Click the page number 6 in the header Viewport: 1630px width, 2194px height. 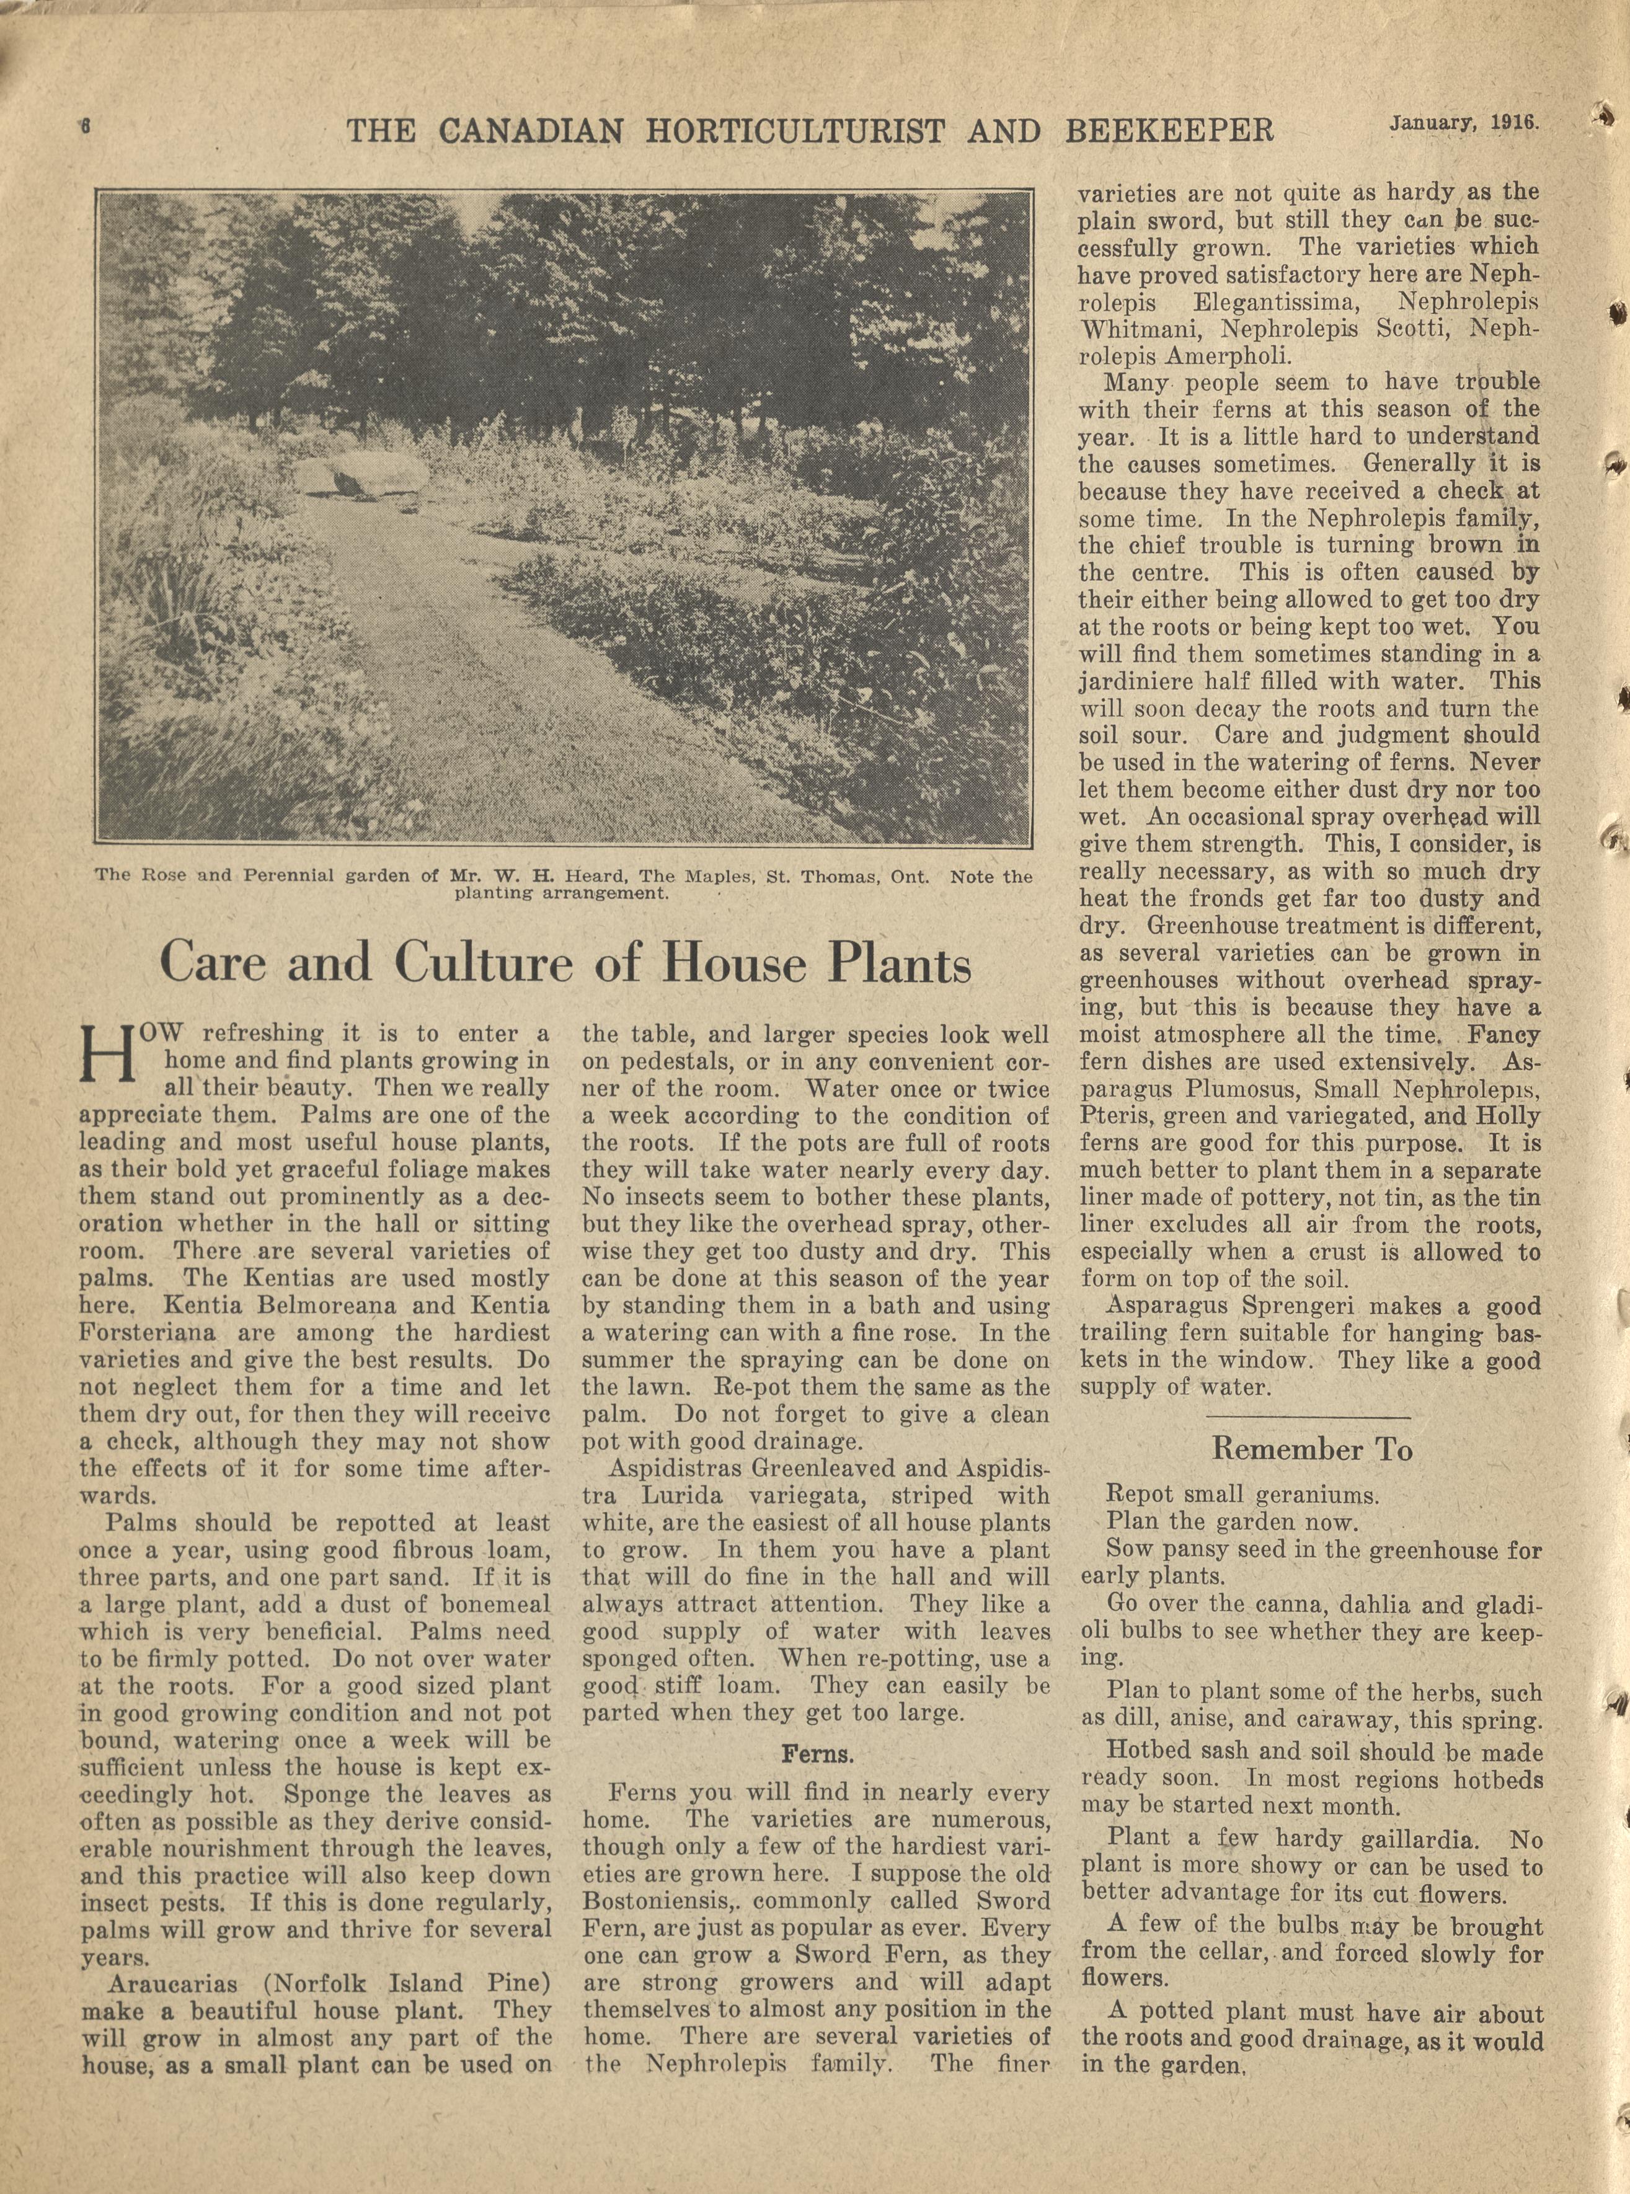pos(86,126)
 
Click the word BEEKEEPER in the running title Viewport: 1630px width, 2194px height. pos(1170,129)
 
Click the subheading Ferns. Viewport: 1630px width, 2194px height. pos(817,1753)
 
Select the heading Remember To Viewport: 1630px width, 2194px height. pos(1311,1449)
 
